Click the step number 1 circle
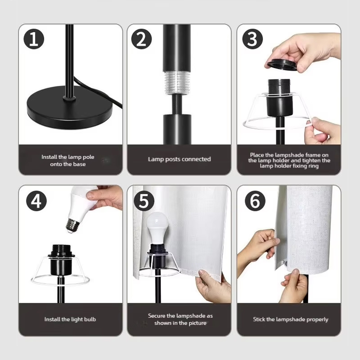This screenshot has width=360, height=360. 34,39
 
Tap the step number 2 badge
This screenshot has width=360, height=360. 141,39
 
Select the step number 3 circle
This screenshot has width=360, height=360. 252,39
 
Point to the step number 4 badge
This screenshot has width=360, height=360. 36,201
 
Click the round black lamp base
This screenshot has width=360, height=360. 70,108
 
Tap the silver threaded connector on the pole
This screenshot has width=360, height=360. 178,83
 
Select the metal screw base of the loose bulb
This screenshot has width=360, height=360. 73,226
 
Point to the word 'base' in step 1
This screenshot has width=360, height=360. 79,164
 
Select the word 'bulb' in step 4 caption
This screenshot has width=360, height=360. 90,319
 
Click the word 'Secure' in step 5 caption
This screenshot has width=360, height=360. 156,316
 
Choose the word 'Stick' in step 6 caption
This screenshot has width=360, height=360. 259,319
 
